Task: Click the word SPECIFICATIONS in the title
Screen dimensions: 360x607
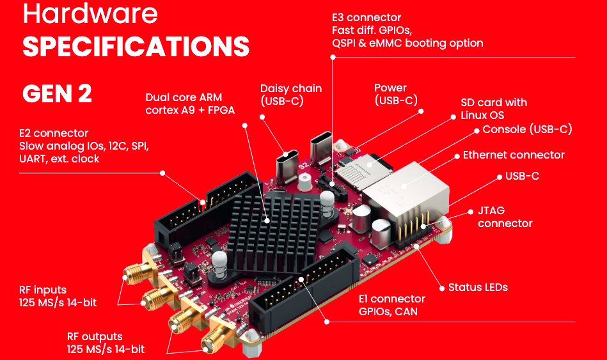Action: pos(136,46)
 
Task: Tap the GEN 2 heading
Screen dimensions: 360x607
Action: pos(57,94)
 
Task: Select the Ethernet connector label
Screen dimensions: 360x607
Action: pos(514,155)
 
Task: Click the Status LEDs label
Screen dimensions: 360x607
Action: pos(478,287)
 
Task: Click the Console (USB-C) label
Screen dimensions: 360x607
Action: pos(527,129)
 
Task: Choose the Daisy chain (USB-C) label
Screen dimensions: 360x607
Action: pos(290,95)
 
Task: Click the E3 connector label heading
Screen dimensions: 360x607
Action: pos(367,17)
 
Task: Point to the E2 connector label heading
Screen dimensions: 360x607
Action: pos(54,133)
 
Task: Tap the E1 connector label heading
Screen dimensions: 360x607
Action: pos(391,299)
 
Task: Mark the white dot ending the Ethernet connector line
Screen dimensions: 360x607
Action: pos(456,155)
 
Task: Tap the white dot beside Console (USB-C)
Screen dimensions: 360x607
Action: pos(476,130)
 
